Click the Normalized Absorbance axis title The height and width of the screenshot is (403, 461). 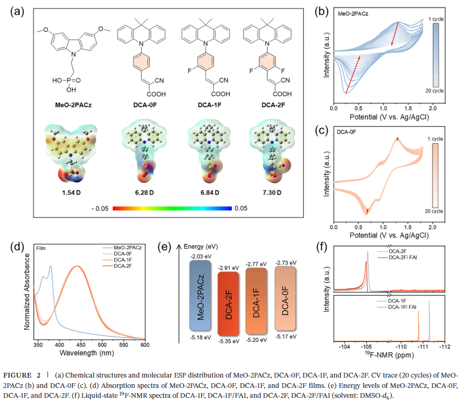click(x=27, y=291)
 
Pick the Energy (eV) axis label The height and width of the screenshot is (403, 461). click(x=202, y=246)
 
